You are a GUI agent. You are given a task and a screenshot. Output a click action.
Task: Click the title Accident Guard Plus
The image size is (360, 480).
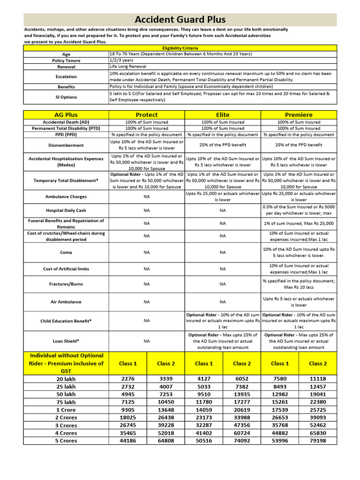[x=180, y=20]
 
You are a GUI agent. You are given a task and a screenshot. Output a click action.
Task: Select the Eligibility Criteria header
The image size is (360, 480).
[x=180, y=48]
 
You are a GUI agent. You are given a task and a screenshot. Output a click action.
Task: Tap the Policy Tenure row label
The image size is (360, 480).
[x=66, y=60]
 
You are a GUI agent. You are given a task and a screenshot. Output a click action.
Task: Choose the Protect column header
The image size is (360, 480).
[x=147, y=115]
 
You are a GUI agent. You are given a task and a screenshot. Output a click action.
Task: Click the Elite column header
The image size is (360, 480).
[x=223, y=115]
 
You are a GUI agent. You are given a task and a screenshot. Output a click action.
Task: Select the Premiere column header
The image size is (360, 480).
[x=299, y=115]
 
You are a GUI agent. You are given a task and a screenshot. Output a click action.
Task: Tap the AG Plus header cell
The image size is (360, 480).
[x=66, y=115]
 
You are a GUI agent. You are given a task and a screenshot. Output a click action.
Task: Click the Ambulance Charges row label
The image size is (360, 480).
[x=66, y=197]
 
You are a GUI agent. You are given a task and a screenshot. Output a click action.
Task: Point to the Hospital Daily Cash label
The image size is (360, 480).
[x=66, y=210]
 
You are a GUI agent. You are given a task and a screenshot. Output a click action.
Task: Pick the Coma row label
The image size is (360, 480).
[x=66, y=252]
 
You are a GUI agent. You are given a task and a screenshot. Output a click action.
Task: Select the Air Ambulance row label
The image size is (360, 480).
[x=66, y=302]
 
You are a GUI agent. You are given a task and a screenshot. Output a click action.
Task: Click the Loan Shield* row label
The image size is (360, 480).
[x=66, y=341]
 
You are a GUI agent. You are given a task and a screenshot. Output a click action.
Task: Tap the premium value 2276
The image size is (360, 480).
[x=127, y=379]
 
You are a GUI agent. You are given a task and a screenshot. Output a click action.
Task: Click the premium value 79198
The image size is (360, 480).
[x=318, y=441]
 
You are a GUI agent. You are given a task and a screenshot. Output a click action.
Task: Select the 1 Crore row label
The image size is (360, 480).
[x=66, y=410]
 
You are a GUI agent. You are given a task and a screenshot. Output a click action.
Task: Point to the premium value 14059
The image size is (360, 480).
[x=203, y=410]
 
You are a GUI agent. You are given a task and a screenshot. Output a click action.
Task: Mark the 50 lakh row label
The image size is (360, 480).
[x=66, y=394]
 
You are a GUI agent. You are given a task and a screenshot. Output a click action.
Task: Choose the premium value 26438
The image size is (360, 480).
[x=165, y=417]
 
